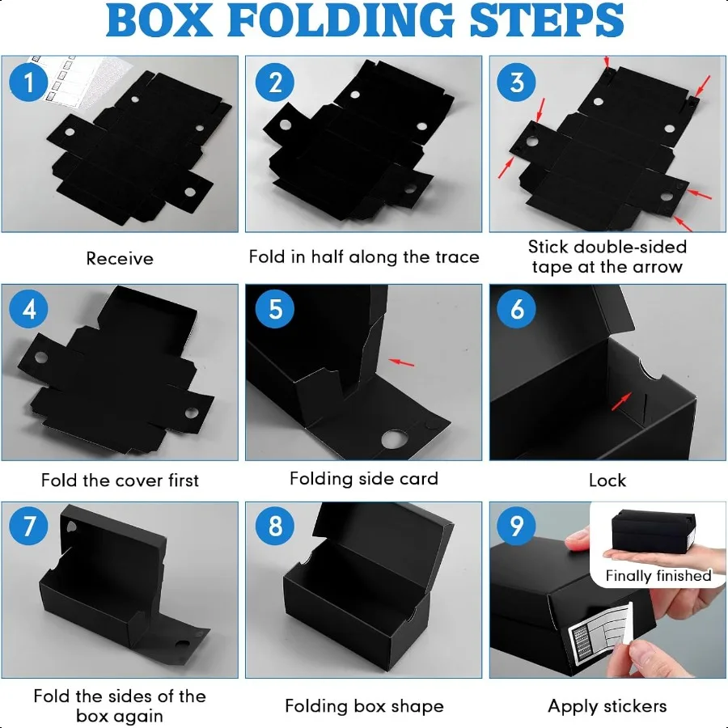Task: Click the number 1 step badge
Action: (28, 83)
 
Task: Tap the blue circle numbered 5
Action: (275, 309)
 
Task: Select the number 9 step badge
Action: (516, 526)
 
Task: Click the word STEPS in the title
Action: (547, 20)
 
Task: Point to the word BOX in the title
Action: (159, 20)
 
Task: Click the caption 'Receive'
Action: (120, 259)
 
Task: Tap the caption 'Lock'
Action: (607, 480)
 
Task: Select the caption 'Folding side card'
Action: (363, 479)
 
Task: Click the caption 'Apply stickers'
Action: (607, 706)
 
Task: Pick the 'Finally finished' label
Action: (658, 576)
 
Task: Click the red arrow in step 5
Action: (401, 362)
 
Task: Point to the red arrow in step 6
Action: (621, 401)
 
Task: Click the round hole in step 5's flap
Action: (394, 439)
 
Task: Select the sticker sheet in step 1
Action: (79, 80)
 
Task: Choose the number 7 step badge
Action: (28, 526)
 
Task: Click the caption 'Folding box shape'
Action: (364, 706)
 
